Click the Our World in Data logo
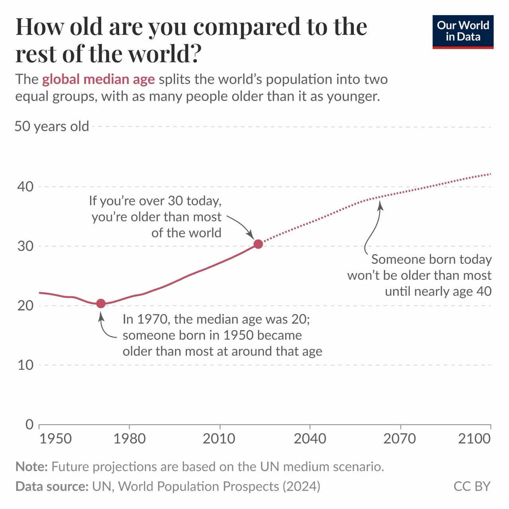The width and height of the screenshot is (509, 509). pyautogui.click(x=463, y=32)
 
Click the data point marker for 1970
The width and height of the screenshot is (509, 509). pyautogui.click(x=101, y=303)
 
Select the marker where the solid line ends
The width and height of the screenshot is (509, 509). pyautogui.click(x=258, y=244)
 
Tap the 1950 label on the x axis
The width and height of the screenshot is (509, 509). pyautogui.click(x=56, y=439)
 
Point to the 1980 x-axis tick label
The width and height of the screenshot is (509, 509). pyautogui.click(x=130, y=439)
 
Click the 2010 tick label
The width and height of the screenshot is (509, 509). pyautogui.click(x=219, y=439)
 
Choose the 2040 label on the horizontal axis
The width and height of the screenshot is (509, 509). pyautogui.click(x=310, y=439)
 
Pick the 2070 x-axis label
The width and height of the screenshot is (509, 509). pyautogui.click(x=400, y=439)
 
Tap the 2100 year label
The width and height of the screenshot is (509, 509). pyautogui.click(x=474, y=439)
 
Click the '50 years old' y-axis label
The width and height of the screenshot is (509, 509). pyautogui.click(x=52, y=126)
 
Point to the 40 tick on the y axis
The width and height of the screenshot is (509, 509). pyautogui.click(x=25, y=187)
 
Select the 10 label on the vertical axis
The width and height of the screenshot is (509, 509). pyautogui.click(x=25, y=365)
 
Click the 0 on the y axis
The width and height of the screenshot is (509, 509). pyautogui.click(x=29, y=424)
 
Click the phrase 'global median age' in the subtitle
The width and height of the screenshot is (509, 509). pyautogui.click(x=98, y=80)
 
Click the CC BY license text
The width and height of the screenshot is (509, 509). pyautogui.click(x=472, y=486)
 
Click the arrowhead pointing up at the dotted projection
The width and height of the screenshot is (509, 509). pyautogui.click(x=380, y=205)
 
